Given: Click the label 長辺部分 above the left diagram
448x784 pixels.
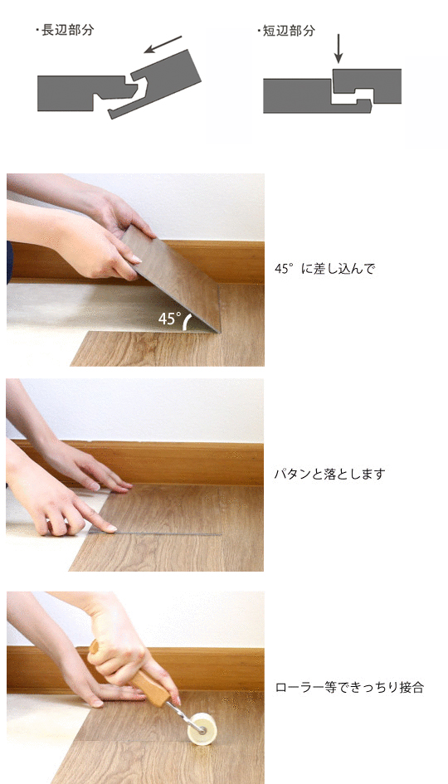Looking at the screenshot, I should pyautogui.click(x=67, y=30).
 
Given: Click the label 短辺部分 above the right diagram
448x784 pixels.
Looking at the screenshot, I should pyautogui.click(x=290, y=30).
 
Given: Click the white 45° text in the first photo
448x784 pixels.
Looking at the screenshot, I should pyautogui.click(x=169, y=319).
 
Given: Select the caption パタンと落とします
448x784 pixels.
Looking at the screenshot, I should pyautogui.click(x=329, y=475).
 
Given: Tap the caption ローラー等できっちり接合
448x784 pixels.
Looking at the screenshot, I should pyautogui.click(x=349, y=687).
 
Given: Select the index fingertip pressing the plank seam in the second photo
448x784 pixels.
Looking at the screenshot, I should pyautogui.click(x=108, y=528).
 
